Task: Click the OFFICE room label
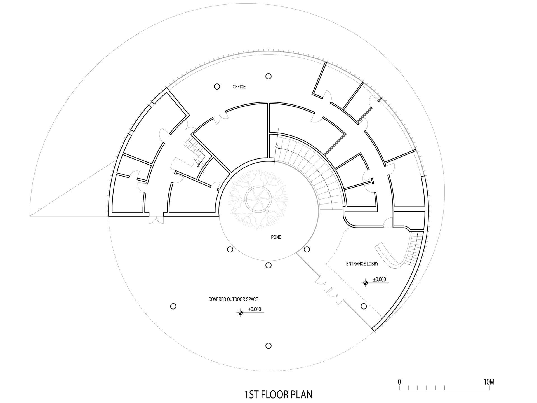[x=239, y=87]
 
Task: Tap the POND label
[x=276, y=237]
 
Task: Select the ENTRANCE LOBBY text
[x=362, y=264]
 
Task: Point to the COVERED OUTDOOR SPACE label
[x=233, y=299]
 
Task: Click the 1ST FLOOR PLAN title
[x=279, y=395]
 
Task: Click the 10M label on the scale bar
[x=489, y=382]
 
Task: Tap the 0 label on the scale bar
[x=399, y=382]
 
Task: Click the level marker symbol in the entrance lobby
[x=365, y=283]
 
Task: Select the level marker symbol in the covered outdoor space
[x=240, y=312]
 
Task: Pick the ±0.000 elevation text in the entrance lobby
[x=379, y=279]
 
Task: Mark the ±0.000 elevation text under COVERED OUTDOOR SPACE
[x=255, y=309]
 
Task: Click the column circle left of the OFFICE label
[x=217, y=87]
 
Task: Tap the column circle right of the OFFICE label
[x=268, y=76]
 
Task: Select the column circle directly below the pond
[x=268, y=265]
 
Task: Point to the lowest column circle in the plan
[x=268, y=346]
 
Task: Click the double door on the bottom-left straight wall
[x=156, y=219]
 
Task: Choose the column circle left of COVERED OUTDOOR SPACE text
[x=173, y=306]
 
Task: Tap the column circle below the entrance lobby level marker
[x=364, y=306]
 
